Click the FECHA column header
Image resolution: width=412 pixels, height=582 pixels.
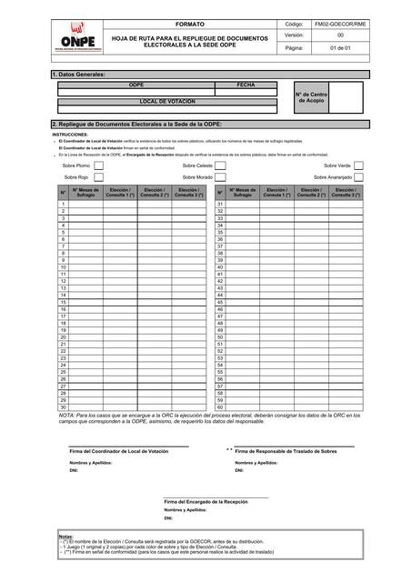(x=246, y=84)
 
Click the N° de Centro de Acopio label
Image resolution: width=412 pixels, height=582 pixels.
(x=311, y=96)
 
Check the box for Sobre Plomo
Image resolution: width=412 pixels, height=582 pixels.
(x=99, y=166)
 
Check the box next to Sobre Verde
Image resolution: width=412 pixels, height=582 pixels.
(x=359, y=166)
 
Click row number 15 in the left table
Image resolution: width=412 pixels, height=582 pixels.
(x=63, y=302)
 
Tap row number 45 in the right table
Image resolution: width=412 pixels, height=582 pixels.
(x=219, y=302)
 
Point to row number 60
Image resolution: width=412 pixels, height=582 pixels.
(x=219, y=407)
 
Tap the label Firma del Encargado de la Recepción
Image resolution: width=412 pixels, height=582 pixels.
(x=206, y=501)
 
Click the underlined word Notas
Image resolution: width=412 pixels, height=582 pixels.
(x=65, y=537)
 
